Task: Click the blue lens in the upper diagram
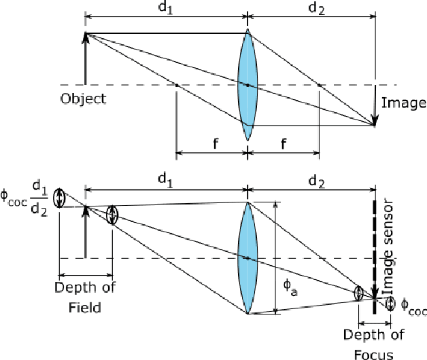tap(247, 85)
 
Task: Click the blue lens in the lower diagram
tap(247, 257)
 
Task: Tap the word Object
tap(83, 98)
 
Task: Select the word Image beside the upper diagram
tap(404, 103)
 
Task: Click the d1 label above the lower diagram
tap(165, 179)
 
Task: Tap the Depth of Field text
tap(84, 297)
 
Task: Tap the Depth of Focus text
tap(373, 344)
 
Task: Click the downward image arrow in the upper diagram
tap(375, 105)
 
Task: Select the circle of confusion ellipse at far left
tap(60, 198)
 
